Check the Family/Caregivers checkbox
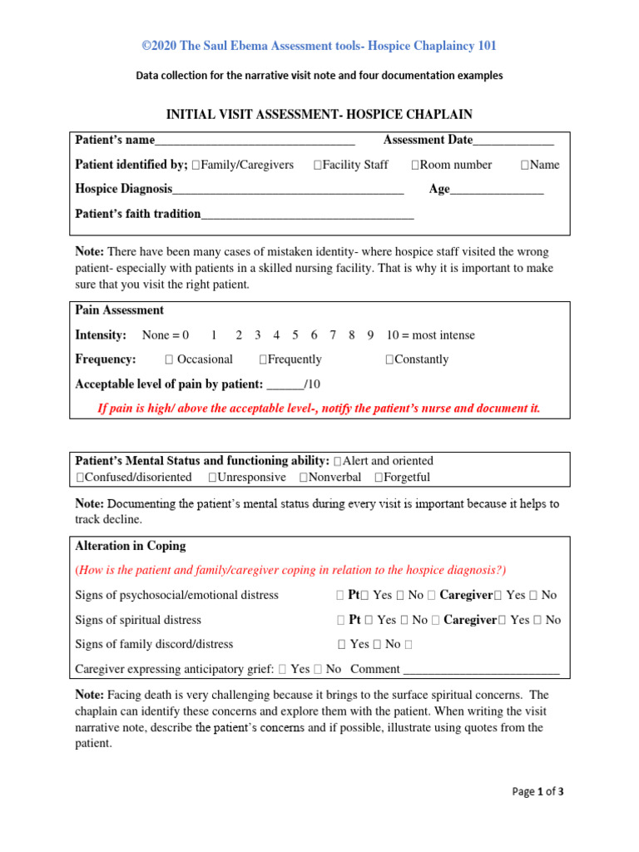196,166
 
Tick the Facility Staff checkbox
318,166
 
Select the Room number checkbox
414,166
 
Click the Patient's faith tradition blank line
307,215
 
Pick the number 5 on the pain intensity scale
295,335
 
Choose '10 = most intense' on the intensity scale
430,335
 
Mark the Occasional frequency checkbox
169,360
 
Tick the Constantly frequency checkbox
389,360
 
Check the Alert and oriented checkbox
337,461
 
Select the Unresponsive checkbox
213,478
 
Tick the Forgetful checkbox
379,478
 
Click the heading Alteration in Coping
131,546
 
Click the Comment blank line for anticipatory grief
480,669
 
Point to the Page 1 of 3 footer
537,792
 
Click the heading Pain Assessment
119,310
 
